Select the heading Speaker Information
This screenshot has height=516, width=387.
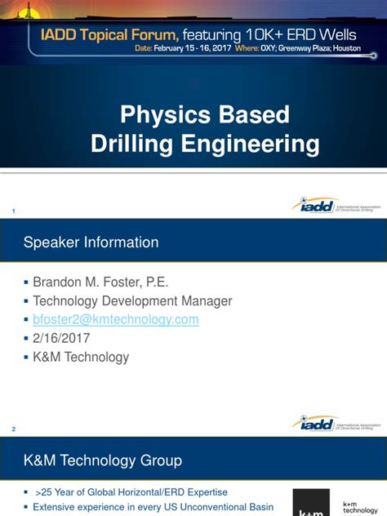[x=91, y=242]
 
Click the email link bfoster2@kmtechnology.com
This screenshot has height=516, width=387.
[x=116, y=320]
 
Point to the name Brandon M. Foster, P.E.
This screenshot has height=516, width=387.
[x=100, y=282]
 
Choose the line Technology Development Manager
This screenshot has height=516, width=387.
[x=132, y=301]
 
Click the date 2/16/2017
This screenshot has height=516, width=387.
[x=61, y=338]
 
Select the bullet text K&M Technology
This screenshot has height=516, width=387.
[x=81, y=357]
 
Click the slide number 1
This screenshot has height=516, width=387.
[x=13, y=212]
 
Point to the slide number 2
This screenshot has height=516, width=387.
[x=13, y=429]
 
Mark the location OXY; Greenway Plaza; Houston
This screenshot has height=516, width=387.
[x=318, y=48]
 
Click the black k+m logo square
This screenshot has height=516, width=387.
[x=311, y=503]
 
